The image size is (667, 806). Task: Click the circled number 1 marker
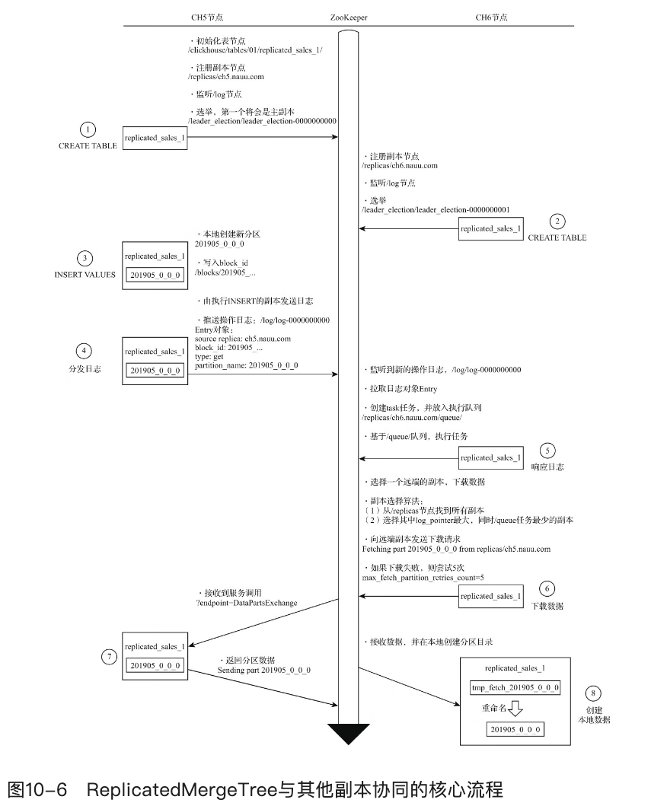(88, 130)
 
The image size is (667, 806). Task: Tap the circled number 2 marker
(557, 222)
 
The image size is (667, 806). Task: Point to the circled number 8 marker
(594, 693)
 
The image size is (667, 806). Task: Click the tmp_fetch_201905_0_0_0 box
(516, 688)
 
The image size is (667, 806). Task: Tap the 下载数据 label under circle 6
(547, 605)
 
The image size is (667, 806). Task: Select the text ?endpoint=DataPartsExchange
(247, 603)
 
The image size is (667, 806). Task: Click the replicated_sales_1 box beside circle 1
(154, 139)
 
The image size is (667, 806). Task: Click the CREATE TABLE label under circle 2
(557, 237)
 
